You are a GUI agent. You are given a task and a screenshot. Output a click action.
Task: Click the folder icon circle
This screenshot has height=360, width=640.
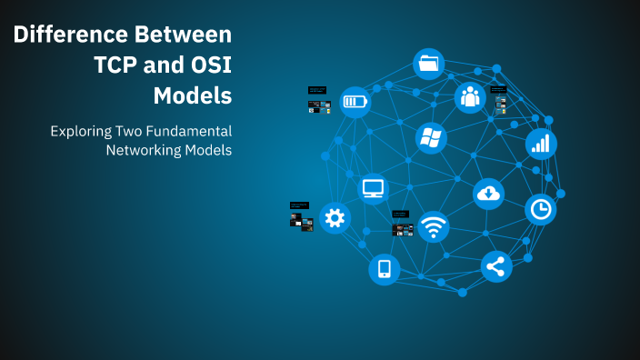[428, 65]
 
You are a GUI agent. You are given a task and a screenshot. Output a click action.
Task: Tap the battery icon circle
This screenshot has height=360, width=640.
[355, 101]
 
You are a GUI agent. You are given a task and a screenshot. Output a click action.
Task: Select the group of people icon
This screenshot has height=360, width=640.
[469, 96]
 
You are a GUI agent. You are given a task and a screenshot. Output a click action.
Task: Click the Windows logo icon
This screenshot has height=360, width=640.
[431, 138]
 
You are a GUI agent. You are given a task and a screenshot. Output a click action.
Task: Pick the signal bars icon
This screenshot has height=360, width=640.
[541, 143]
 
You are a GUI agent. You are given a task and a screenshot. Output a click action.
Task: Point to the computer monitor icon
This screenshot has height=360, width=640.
[374, 188]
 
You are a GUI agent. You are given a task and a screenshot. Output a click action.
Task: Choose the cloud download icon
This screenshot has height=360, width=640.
[488, 193]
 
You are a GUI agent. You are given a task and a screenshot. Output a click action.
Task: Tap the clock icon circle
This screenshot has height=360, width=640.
[541, 210]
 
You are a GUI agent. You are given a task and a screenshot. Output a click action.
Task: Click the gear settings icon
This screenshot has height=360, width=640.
[335, 217]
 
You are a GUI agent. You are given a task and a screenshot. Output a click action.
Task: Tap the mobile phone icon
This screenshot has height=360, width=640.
[385, 268]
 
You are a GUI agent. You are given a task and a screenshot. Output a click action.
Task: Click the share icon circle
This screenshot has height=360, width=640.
[495, 266]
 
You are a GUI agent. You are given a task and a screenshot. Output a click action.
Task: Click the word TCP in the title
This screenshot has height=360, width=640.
[119, 65]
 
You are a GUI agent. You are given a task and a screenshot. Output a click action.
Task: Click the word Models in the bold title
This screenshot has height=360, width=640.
[192, 95]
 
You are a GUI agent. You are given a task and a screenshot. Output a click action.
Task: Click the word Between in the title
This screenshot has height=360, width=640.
[184, 35]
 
